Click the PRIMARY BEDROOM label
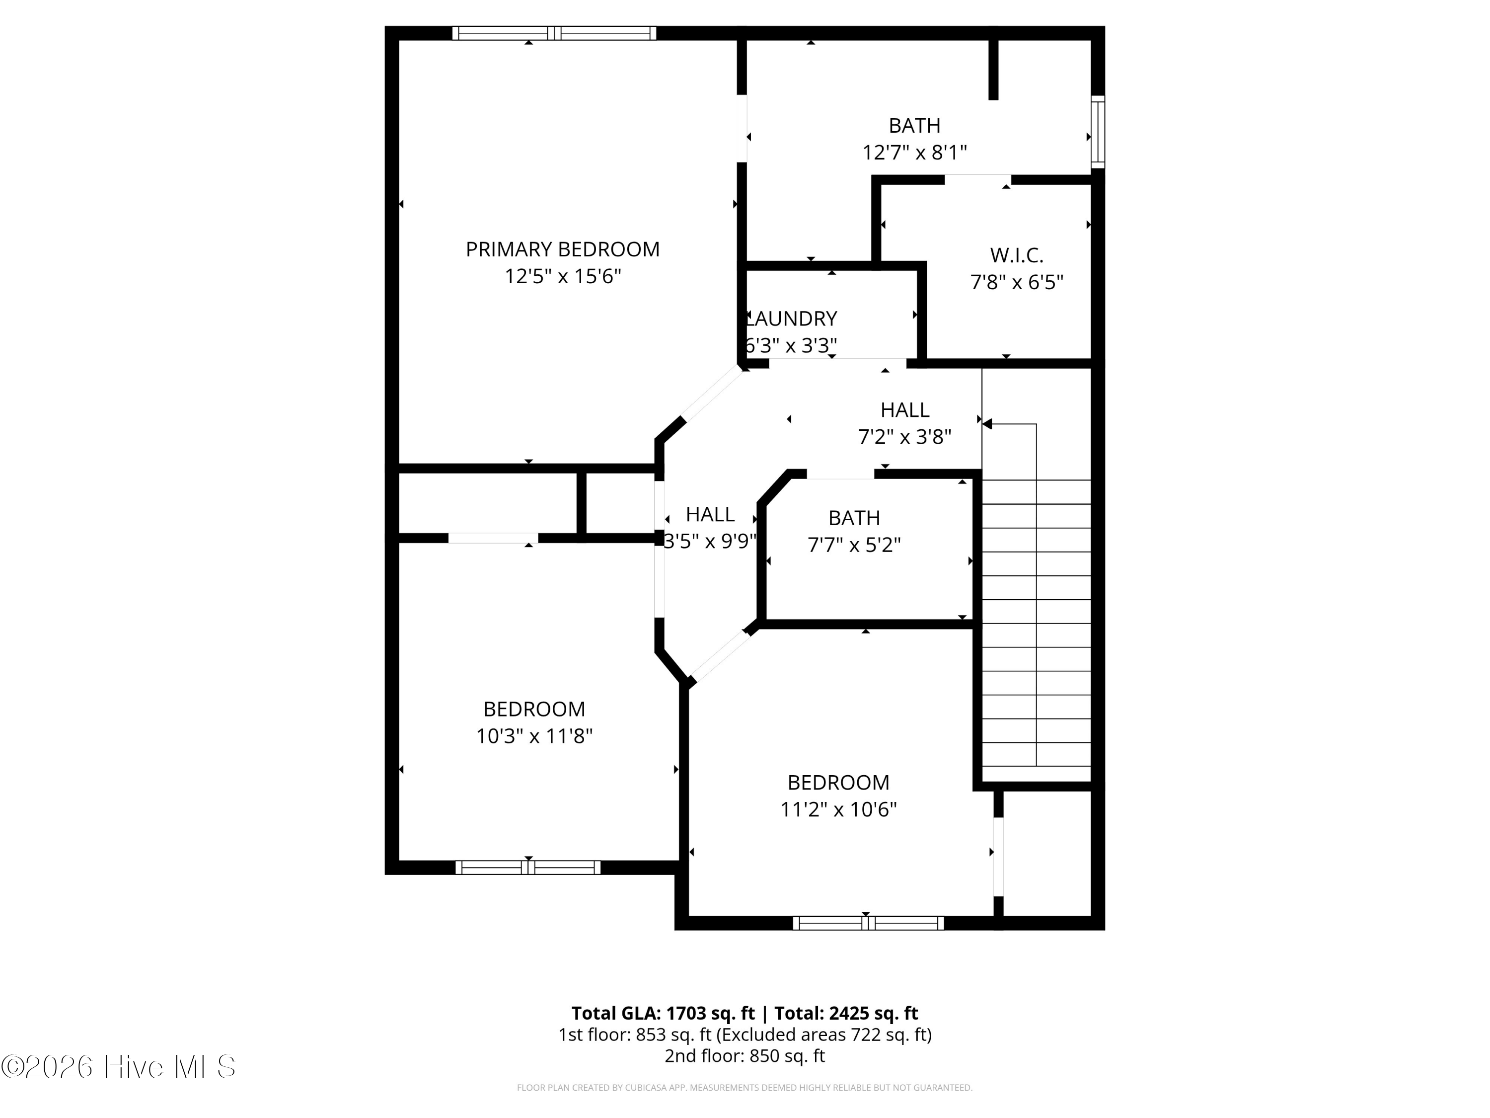coord(562,249)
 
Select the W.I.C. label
coord(1017,255)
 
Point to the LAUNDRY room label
coord(792,318)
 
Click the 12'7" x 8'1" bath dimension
coord(914,153)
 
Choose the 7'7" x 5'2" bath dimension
coord(854,545)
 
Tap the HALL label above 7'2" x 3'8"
coord(904,410)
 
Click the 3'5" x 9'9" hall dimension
coord(710,541)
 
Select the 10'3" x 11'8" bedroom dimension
coord(534,736)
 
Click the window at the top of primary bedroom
coord(554,33)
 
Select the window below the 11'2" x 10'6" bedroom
coord(868,923)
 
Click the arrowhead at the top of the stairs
coord(987,424)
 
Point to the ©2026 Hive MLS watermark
coord(119,1067)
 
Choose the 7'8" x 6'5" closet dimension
coord(1017,282)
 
